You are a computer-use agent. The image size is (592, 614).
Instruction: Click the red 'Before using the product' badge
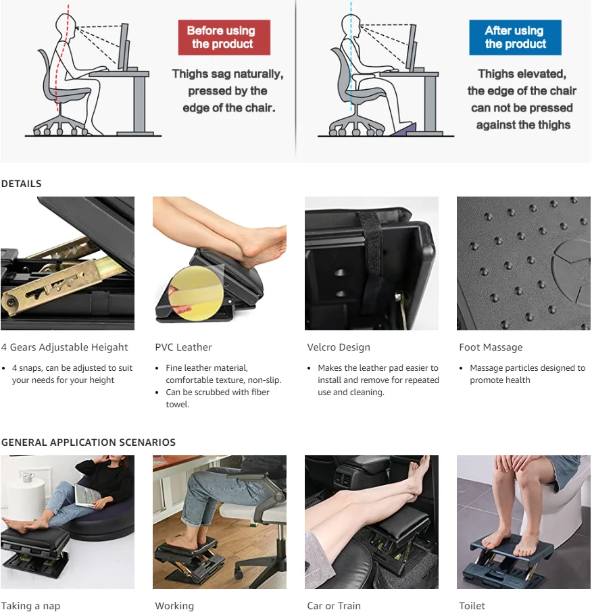[x=224, y=37]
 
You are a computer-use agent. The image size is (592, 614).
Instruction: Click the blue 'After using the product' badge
[x=515, y=37]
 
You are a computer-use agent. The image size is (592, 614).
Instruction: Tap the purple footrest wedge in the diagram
[x=404, y=129]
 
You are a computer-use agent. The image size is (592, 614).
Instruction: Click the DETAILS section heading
[x=21, y=184]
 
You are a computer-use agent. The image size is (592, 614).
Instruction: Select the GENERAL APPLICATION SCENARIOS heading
[x=89, y=442]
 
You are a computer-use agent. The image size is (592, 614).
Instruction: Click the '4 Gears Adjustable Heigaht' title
[x=65, y=347]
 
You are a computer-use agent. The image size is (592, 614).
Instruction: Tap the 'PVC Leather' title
[x=183, y=347]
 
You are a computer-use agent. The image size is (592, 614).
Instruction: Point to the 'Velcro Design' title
[x=339, y=347]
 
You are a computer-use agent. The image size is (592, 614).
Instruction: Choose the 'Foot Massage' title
[x=491, y=347]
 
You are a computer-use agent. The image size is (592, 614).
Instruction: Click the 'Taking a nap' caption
[x=30, y=606]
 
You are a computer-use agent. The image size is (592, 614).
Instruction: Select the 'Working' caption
[x=174, y=606]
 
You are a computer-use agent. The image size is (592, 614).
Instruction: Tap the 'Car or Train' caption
[x=334, y=606]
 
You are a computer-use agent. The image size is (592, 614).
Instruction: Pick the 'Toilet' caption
[x=472, y=606]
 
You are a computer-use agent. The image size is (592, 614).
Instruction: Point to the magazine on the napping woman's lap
[x=88, y=495]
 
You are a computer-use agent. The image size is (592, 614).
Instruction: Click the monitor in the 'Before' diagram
[x=124, y=47]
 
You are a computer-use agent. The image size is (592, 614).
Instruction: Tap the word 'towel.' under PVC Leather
[x=178, y=405]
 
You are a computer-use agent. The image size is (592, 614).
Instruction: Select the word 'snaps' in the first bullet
[x=30, y=369]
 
